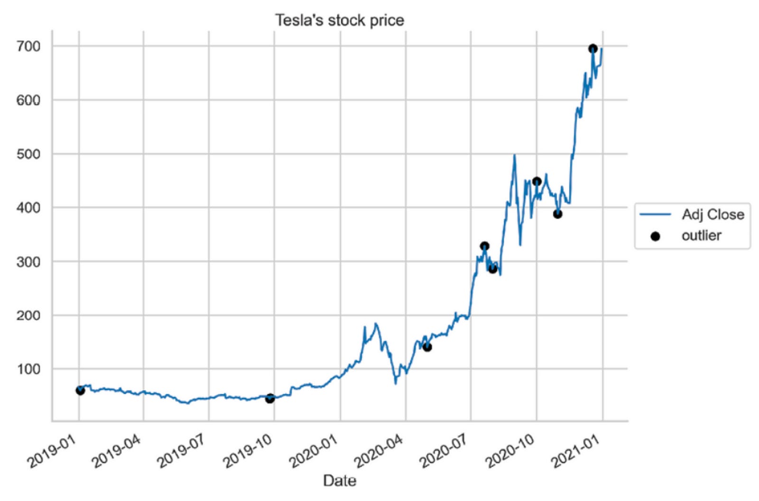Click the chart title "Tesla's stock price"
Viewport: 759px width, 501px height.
pos(339,20)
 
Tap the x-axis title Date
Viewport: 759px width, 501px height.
pos(339,481)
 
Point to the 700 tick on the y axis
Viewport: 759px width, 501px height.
pos(28,46)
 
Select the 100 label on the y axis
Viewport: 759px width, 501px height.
pos(28,369)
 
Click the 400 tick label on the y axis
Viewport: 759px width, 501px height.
pos(28,208)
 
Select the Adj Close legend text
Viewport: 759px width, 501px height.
pos(713,214)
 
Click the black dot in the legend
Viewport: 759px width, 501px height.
pos(655,236)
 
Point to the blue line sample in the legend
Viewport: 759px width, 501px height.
pos(655,214)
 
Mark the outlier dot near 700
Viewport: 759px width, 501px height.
pos(592,48)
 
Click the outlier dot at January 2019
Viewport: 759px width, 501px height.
pos(80,390)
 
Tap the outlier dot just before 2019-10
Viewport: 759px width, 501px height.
pos(270,399)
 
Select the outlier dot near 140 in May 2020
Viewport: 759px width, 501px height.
pos(427,347)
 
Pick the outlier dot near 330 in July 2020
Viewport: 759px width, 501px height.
pos(484,246)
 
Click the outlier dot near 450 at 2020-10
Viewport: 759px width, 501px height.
pos(537,181)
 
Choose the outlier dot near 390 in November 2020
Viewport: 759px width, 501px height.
pos(557,214)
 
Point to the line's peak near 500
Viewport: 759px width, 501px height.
pos(514,155)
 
